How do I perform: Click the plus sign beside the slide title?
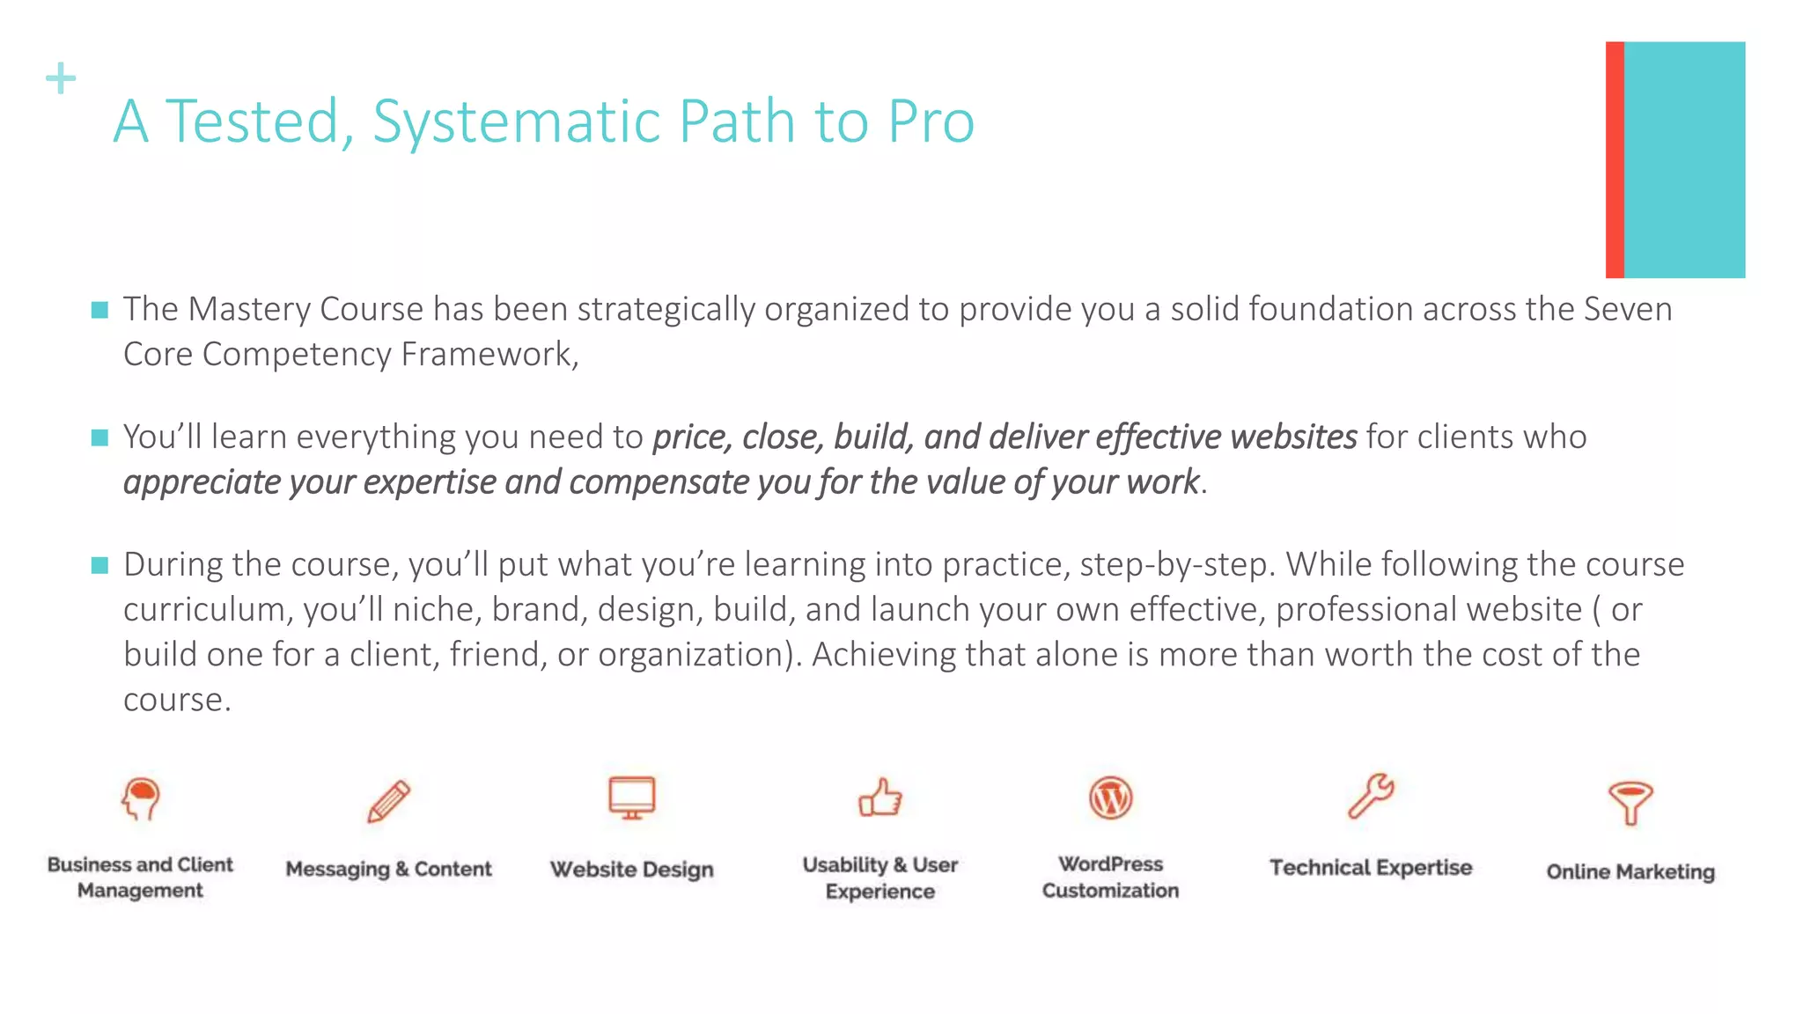[x=61, y=78]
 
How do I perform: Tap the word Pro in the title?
[x=931, y=121]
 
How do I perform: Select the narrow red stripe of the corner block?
[x=1615, y=159]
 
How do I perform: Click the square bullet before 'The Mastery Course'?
[x=99, y=310]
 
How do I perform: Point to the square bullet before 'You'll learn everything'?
[x=99, y=437]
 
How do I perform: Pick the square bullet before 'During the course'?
[x=99, y=565]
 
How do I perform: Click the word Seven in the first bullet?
[x=1627, y=309]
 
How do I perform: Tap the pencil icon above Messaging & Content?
[x=388, y=801]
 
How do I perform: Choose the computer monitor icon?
[x=631, y=798]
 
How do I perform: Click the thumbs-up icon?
[x=880, y=798]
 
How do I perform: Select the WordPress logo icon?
[x=1110, y=798]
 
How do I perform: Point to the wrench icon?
[x=1371, y=797]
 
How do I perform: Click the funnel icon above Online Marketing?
[x=1630, y=802]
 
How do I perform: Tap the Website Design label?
[x=631, y=870]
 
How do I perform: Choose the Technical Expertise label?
[x=1371, y=868]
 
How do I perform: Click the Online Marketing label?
[x=1630, y=871]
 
